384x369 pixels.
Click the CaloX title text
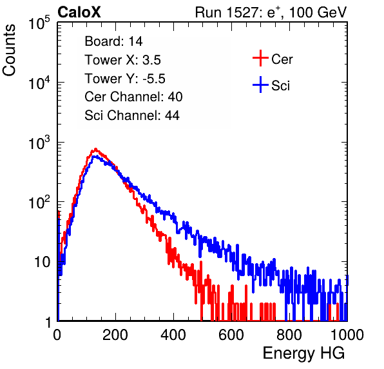[x=79, y=12]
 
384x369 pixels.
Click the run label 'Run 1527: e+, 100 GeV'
[x=271, y=12]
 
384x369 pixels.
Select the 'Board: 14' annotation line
[x=113, y=41]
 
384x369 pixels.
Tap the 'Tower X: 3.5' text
[x=122, y=60]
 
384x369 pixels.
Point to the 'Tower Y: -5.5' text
[x=125, y=79]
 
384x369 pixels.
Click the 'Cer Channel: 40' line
[x=133, y=97]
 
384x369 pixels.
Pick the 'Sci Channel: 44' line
[x=132, y=115]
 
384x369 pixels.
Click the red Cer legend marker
[x=260, y=58]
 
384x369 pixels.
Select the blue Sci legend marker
[x=260, y=85]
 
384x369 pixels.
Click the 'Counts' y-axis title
[x=9, y=50]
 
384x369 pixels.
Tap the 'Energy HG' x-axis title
[x=303, y=353]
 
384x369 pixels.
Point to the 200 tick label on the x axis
[x=115, y=335]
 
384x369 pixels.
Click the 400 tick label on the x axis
[x=173, y=335]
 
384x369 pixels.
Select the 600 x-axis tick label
[x=231, y=335]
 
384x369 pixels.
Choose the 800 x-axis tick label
[x=289, y=335]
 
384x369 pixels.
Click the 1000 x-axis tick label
[x=347, y=335]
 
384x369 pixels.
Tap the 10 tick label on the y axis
[x=42, y=262]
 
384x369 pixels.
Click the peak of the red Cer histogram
[x=95, y=149]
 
